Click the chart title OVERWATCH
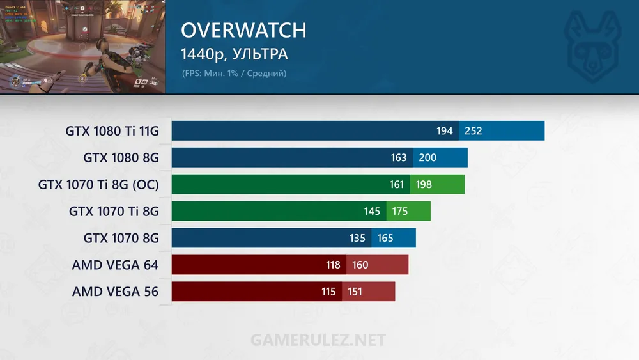(243, 31)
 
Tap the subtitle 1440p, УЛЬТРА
(234, 54)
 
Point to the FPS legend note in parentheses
(234, 73)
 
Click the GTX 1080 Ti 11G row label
(112, 131)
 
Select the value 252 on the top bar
(473, 131)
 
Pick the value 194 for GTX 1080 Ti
(445, 131)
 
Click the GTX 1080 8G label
(121, 158)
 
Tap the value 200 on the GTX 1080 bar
(427, 158)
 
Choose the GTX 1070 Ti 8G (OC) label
(98, 185)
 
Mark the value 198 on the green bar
(424, 185)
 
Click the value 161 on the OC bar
(397, 185)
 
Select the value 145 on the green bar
(373, 211)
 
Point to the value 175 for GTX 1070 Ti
(400, 211)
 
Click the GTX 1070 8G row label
(121, 238)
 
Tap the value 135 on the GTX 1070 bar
(358, 238)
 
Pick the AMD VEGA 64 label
(115, 265)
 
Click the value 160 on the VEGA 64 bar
(360, 265)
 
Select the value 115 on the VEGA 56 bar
(328, 292)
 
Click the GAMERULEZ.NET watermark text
(318, 339)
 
